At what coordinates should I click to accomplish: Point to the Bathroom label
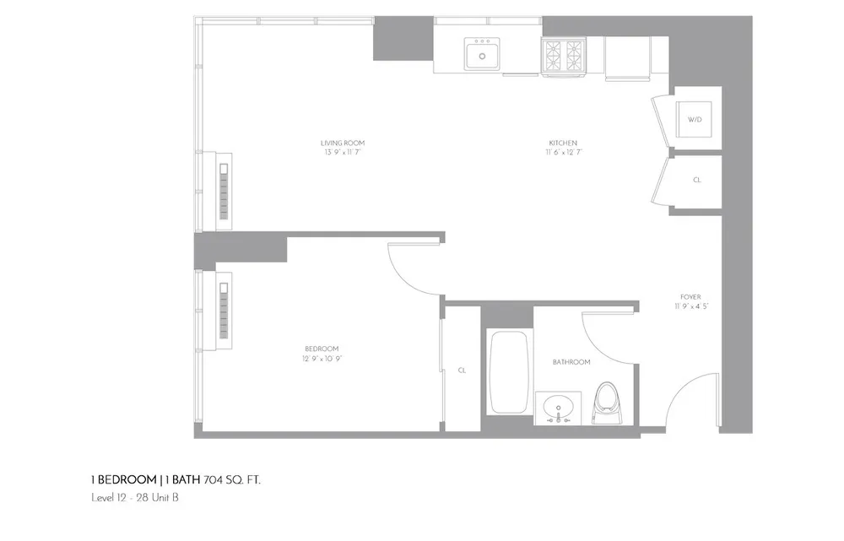[x=571, y=362]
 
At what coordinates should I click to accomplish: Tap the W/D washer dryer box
[x=695, y=120]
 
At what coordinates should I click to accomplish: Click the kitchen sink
[x=482, y=56]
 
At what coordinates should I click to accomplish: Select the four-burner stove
[x=563, y=57]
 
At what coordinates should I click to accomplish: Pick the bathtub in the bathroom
[x=509, y=371]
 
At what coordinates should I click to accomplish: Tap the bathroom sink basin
[x=558, y=408]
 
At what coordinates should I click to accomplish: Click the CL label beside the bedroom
[x=462, y=371]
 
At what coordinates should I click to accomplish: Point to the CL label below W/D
[x=696, y=181]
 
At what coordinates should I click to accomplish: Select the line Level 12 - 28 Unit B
[x=134, y=498]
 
